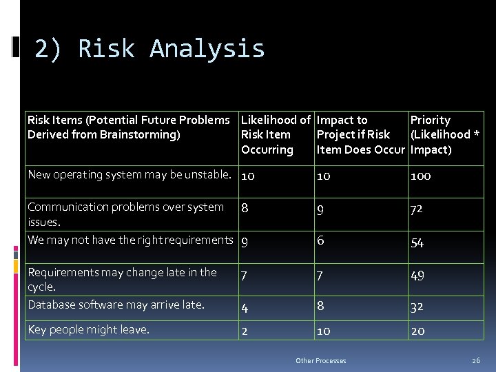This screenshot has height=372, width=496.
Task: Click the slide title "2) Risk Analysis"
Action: [x=149, y=49]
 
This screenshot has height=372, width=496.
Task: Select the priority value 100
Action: [x=420, y=176]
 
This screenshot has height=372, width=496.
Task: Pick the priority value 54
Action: [x=417, y=242]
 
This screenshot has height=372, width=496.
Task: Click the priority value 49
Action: [x=417, y=276]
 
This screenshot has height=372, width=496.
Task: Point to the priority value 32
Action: [x=417, y=307]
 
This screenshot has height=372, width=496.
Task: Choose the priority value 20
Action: [x=417, y=331]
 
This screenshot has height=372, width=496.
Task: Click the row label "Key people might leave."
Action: [x=88, y=329]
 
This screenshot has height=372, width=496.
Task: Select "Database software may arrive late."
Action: [x=116, y=304]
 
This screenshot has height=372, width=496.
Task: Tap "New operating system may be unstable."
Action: [x=129, y=174]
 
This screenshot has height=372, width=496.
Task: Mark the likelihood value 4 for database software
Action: [x=245, y=307]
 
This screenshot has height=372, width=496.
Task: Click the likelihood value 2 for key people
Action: [x=245, y=331]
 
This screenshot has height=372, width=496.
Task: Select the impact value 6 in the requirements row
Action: [x=320, y=240]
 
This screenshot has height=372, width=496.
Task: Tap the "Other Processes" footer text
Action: [x=320, y=360]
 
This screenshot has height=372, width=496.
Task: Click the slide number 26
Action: [x=475, y=360]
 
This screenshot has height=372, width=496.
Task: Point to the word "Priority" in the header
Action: [x=430, y=120]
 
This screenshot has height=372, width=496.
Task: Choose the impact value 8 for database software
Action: [x=320, y=305]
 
